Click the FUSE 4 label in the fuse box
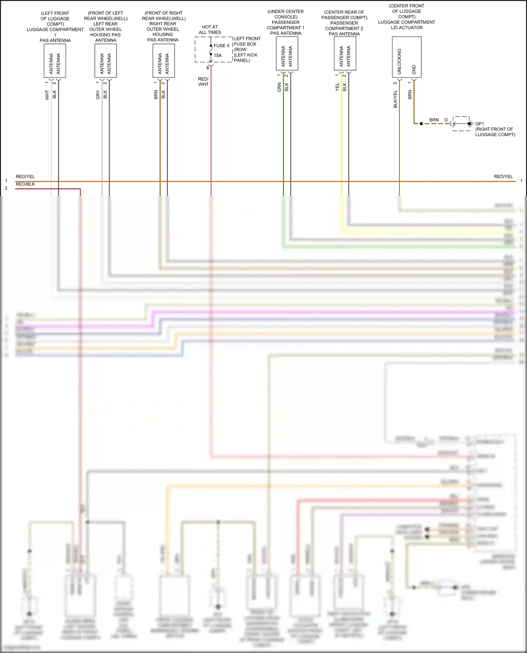coord(221,46)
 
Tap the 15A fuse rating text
coord(218,55)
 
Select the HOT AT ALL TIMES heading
coord(210,29)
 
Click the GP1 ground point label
coord(480,124)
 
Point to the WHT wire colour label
coord(47,95)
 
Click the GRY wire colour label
coord(98,95)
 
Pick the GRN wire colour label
coord(279,87)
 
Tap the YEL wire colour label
coord(337,87)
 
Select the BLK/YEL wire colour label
coord(395,99)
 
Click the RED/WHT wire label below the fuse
coord(203,81)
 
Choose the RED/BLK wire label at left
coord(25,184)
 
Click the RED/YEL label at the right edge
coord(503,176)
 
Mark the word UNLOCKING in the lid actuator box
coord(399,61)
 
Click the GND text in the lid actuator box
coord(414,69)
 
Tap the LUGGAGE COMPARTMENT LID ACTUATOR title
coord(406,22)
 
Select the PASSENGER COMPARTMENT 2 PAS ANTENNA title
coord(344,28)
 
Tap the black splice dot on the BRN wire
coord(421,124)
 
